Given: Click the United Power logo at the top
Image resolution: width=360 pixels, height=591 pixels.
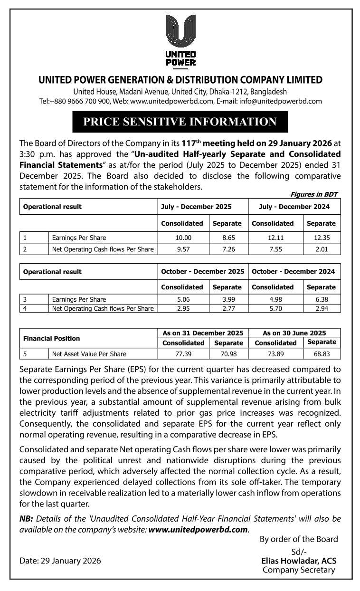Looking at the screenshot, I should (180, 40).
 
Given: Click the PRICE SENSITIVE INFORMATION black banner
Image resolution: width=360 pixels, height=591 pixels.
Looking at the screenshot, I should (180, 122).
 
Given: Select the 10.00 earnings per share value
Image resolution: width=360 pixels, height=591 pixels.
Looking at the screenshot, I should (183, 238).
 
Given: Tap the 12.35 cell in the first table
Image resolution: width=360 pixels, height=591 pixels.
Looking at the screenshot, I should (322, 238).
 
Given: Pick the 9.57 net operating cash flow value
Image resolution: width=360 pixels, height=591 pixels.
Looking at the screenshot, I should (183, 249).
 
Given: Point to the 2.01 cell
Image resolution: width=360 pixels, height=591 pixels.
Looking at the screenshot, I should (322, 249).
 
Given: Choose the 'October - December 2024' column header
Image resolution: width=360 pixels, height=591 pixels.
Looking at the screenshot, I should (293, 271).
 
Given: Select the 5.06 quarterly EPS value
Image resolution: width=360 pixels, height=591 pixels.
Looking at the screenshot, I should (183, 299).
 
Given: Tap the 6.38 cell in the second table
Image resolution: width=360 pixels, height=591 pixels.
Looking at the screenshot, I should (322, 299).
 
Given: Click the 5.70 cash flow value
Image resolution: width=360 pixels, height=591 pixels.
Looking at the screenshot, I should (275, 308).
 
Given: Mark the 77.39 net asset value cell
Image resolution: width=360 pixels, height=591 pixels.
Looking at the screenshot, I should (183, 354).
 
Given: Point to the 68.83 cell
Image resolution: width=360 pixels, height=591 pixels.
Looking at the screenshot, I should (322, 354).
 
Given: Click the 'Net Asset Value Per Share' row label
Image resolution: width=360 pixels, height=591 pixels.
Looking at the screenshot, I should (89, 354).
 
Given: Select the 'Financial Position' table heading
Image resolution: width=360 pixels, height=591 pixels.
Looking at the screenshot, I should (52, 338).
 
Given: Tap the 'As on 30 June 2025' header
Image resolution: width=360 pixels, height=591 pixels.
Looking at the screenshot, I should (294, 333).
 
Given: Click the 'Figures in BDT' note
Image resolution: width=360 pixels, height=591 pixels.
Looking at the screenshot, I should (313, 194).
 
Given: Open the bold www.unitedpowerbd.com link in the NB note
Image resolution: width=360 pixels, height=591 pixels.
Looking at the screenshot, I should (198, 529).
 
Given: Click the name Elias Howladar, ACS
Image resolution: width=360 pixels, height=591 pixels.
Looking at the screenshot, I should (299, 561).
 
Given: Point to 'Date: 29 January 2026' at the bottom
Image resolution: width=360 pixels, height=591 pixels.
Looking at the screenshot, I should (60, 561).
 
